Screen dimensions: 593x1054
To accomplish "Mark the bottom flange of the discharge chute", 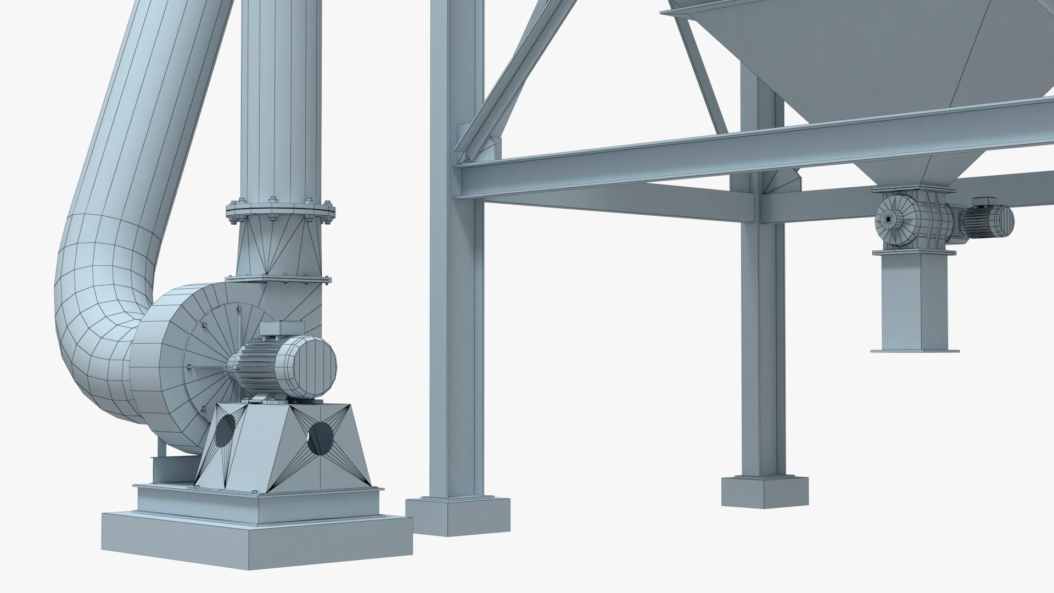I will [x=915, y=349].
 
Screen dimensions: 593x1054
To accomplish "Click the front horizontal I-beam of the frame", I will [x=714, y=154].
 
